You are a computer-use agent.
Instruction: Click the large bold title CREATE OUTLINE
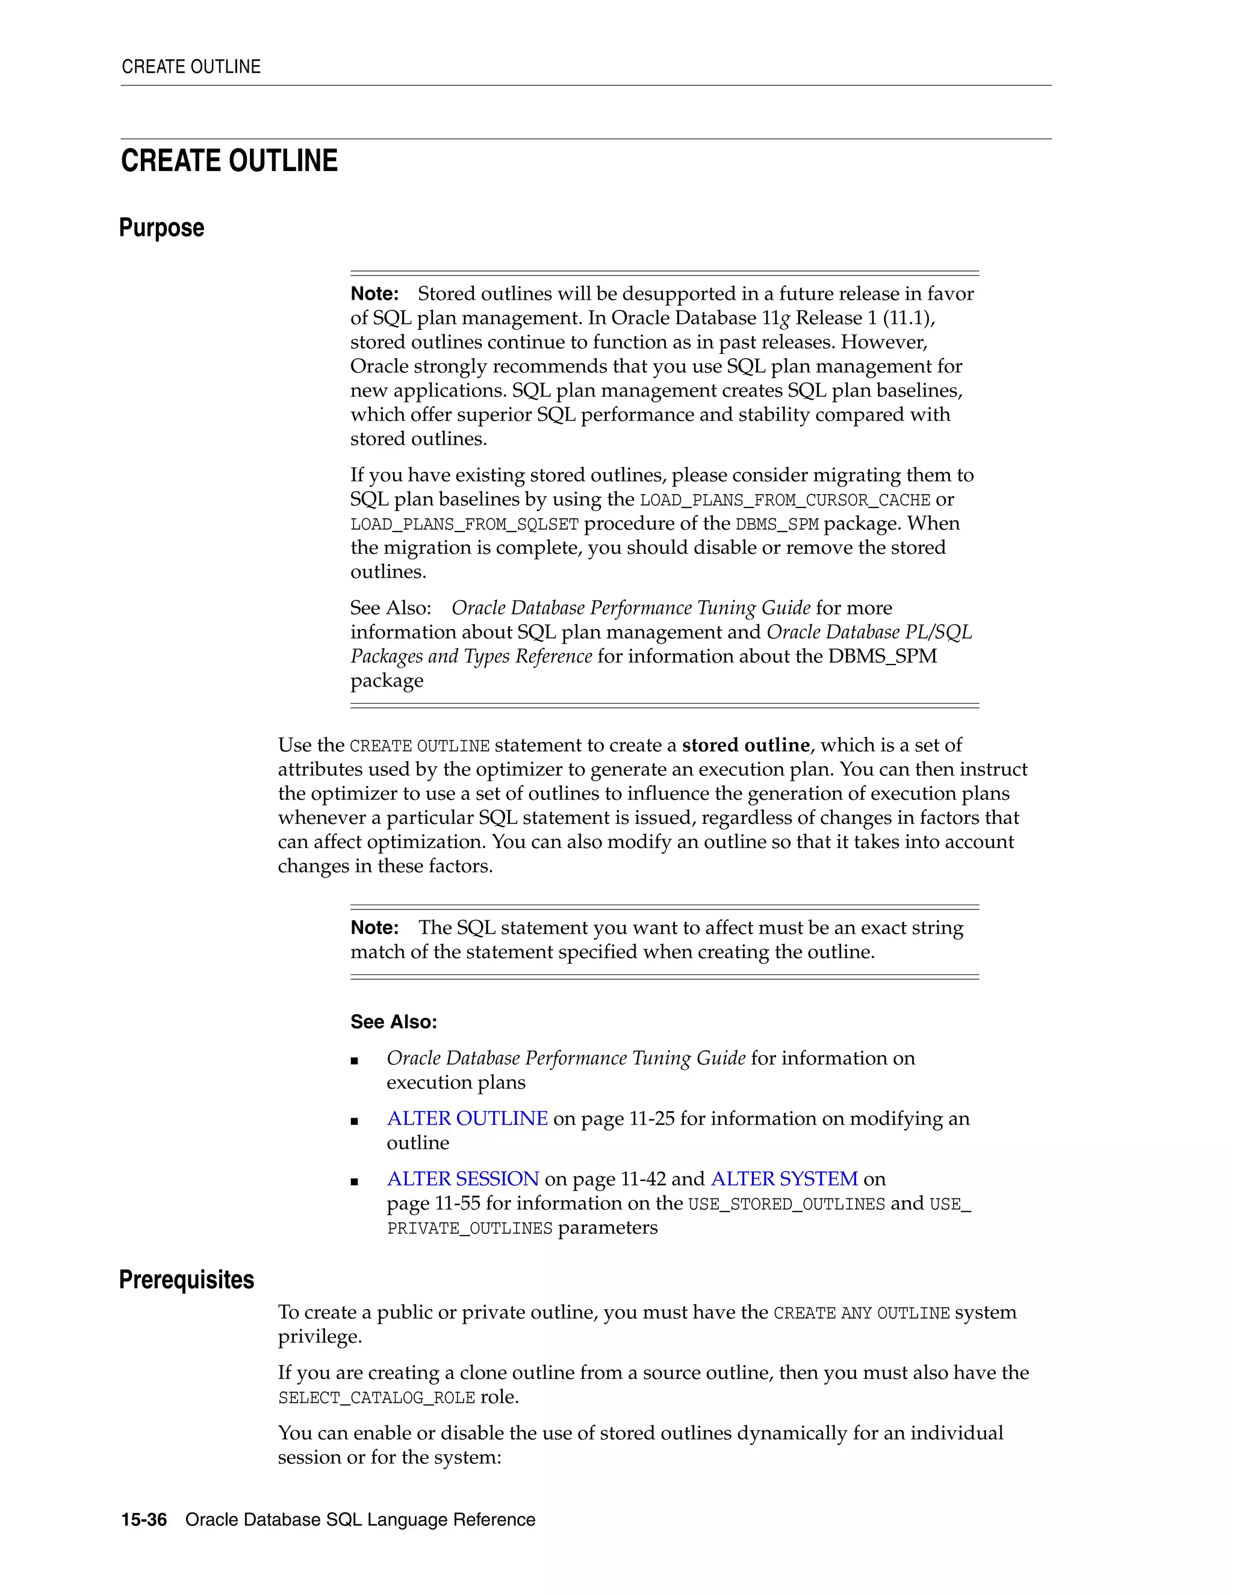pos(229,161)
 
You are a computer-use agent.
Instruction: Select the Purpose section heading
pos(161,228)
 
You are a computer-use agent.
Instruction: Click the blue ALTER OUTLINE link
pos(467,1118)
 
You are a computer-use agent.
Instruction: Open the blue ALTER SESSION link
pos(462,1178)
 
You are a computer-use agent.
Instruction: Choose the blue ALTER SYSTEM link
pos(784,1178)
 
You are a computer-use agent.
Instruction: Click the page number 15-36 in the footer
pos(144,1520)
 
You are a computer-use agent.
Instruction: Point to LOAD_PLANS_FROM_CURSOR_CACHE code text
pos(784,500)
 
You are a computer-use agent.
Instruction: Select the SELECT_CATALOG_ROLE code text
pos(376,1398)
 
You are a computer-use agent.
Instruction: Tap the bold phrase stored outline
pos(745,745)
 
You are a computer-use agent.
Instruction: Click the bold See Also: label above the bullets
pos(393,1022)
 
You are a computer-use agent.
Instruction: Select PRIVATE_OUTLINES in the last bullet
pos(469,1228)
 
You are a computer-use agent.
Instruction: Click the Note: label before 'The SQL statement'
pos(374,928)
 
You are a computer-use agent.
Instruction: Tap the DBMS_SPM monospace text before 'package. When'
pos(777,524)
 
